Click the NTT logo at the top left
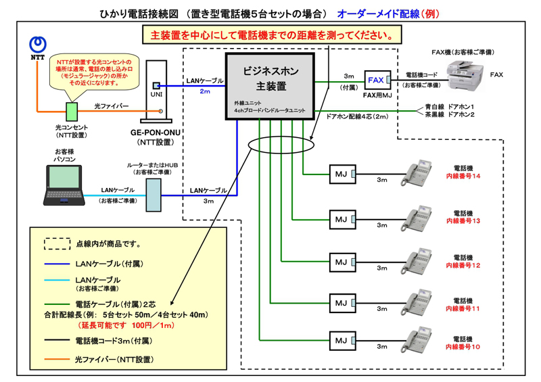click(39, 45)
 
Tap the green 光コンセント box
click(71, 111)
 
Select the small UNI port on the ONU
click(156, 86)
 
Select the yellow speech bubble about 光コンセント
click(91, 71)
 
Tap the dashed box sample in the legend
click(57, 243)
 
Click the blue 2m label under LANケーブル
click(205, 91)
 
